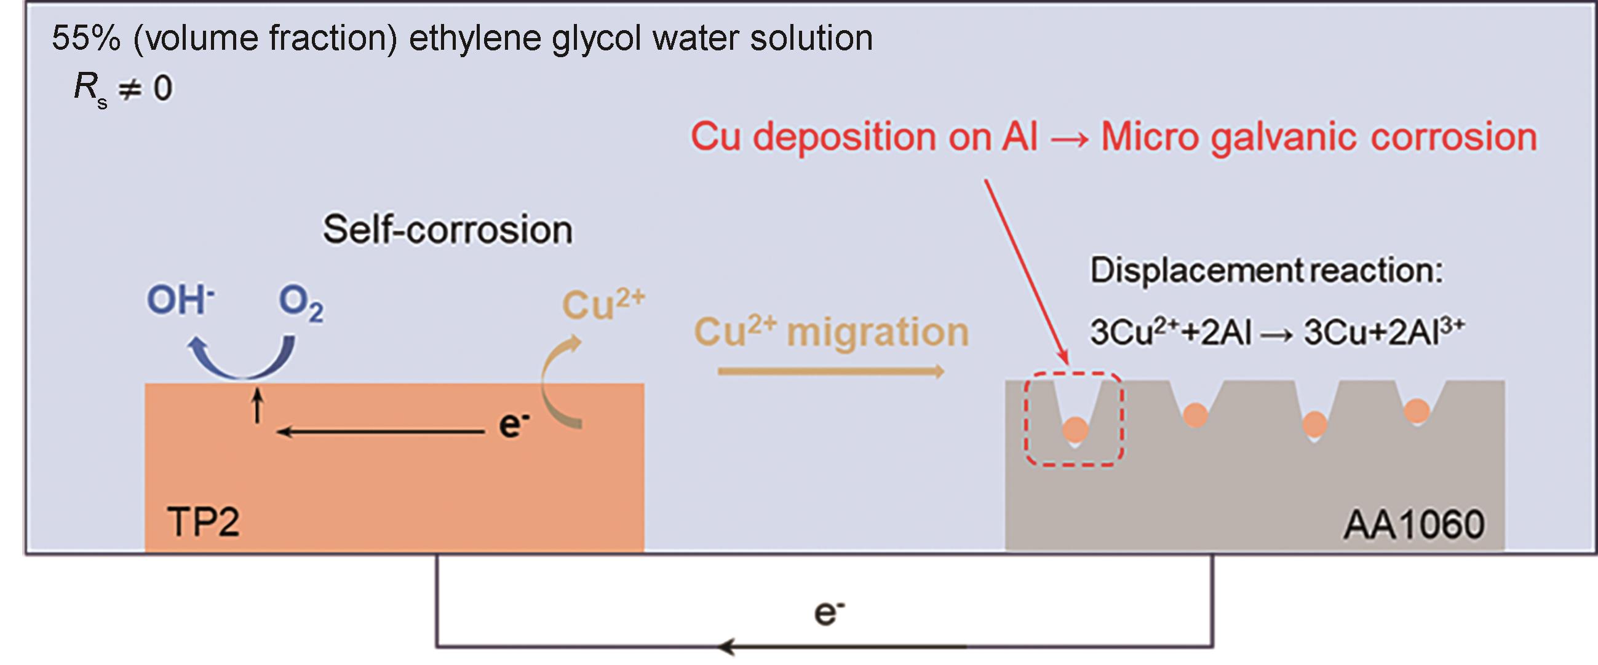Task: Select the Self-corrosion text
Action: [447, 229]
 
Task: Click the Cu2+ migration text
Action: [831, 331]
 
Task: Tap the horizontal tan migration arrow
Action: [831, 371]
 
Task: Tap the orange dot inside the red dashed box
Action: [1075, 430]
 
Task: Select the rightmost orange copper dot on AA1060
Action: [1417, 411]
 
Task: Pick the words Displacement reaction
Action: [1266, 270]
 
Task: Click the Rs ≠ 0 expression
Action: [123, 88]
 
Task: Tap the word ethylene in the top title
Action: [475, 39]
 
